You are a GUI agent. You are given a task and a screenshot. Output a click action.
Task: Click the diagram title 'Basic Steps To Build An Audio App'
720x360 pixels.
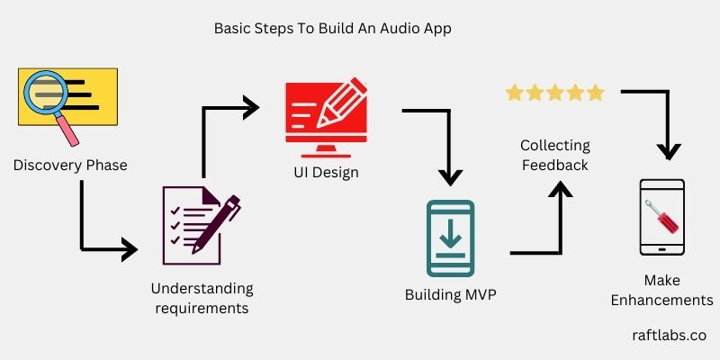point(332,28)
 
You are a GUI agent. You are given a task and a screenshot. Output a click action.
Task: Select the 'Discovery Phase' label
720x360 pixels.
point(70,166)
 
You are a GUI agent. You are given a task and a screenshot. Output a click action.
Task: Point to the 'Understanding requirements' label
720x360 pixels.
point(202,299)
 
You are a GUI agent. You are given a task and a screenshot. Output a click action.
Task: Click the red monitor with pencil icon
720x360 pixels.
point(326,112)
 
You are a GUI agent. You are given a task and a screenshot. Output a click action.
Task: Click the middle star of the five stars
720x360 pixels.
point(555,93)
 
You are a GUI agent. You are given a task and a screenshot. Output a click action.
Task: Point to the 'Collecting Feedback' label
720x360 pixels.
point(555,155)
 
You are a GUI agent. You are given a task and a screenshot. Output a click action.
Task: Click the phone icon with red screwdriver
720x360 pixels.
point(661,217)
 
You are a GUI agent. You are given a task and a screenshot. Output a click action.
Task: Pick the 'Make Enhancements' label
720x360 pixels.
point(661,290)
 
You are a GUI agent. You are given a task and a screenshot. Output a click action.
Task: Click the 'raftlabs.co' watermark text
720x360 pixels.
point(670,335)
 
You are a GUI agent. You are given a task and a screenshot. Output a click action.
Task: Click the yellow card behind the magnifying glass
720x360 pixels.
point(90,85)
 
